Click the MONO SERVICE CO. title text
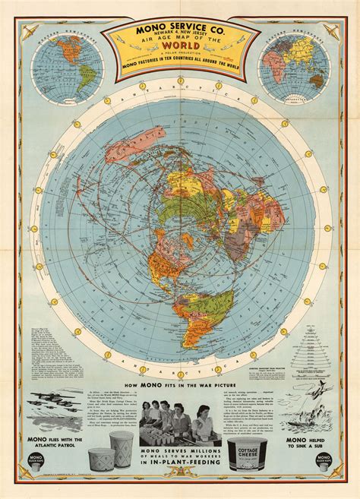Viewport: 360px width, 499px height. (x=180, y=34)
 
